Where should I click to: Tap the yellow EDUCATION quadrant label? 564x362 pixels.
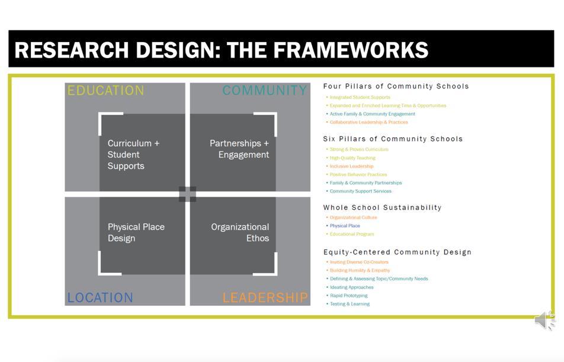[105, 90]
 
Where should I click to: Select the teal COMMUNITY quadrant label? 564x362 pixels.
[265, 90]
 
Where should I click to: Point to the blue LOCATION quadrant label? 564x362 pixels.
[100, 298]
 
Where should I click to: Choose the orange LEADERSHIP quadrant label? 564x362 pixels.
[265, 298]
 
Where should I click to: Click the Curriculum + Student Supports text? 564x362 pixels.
[133, 154]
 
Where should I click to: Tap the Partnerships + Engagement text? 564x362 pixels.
[239, 149]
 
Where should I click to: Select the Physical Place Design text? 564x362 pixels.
[136, 232]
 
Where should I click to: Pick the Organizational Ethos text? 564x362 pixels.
[240, 232]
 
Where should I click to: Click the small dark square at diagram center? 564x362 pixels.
[187, 194]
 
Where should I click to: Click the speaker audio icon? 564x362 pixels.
[544, 321]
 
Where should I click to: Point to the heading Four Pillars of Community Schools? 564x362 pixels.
[396, 86]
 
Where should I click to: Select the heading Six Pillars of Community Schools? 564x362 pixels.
[393, 139]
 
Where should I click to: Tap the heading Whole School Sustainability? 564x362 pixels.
[382, 208]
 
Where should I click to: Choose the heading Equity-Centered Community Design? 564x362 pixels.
[397, 252]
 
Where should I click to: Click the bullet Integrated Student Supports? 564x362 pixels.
[360, 97]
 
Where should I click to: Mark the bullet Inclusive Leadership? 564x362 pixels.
[351, 166]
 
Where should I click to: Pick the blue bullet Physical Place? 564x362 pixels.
[345, 225]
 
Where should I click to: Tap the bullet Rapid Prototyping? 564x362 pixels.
[348, 295]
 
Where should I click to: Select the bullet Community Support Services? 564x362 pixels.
[360, 191]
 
